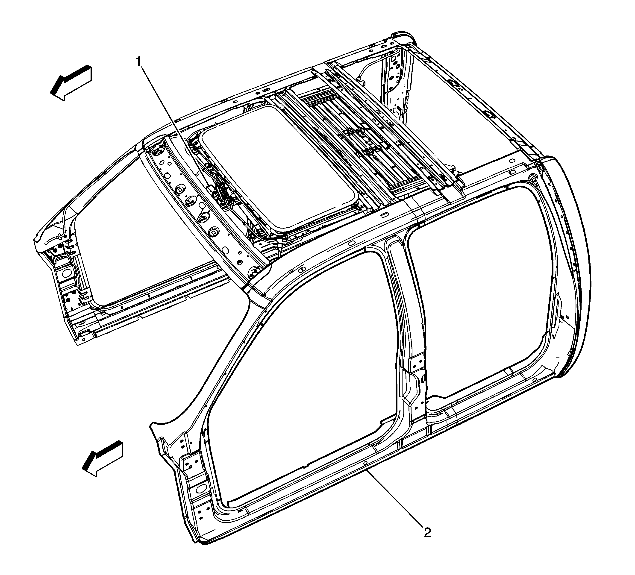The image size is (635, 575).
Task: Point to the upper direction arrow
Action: pos(71,83)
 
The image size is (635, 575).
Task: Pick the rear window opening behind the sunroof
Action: pos(454,104)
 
